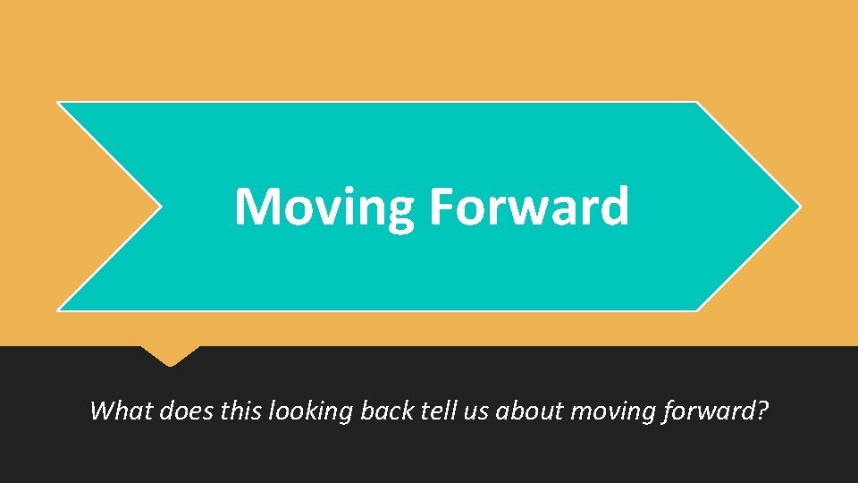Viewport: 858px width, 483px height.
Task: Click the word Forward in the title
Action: pos(528,206)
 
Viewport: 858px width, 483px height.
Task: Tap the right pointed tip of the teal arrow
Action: pos(798,207)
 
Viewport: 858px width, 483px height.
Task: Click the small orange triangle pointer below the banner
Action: pos(170,356)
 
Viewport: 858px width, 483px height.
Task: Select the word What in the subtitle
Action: pos(122,411)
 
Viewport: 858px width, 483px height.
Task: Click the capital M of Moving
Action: pos(256,207)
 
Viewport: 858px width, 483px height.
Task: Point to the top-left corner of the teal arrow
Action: pos(60,103)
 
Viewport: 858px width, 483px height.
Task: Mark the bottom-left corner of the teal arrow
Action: pos(60,309)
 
